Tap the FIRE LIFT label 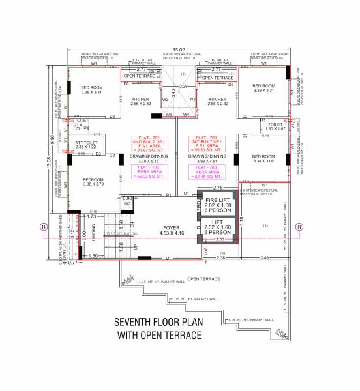(219, 199)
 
